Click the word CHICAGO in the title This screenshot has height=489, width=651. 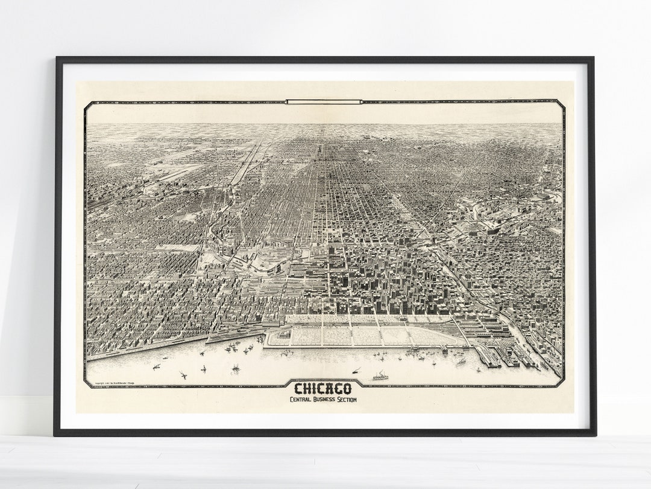tap(324, 389)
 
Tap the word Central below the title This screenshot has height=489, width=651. tap(304, 401)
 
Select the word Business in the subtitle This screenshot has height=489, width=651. tap(327, 401)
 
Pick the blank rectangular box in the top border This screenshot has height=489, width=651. tap(324, 101)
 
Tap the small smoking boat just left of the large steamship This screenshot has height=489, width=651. tap(356, 369)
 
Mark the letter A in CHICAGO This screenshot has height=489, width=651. tap(332, 389)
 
